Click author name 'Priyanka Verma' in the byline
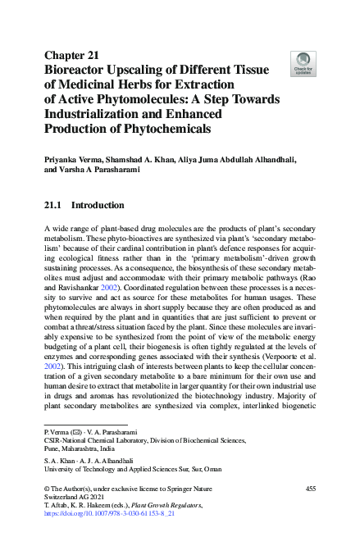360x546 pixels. pos(78,159)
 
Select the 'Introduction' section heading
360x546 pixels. pos(98,205)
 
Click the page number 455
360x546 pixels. pos(309,489)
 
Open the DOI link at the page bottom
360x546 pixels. pos(104,517)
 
